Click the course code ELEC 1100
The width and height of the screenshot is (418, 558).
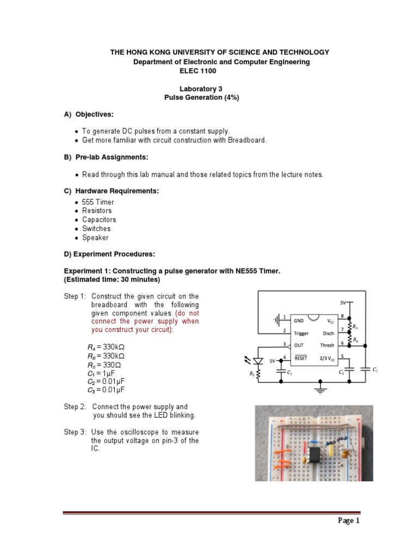tap(201, 71)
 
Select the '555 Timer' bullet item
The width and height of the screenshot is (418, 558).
tap(98, 202)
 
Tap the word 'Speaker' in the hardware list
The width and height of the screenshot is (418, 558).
tap(95, 238)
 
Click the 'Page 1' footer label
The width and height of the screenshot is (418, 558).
tap(349, 520)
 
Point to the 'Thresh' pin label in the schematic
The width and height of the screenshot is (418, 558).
tap(327, 345)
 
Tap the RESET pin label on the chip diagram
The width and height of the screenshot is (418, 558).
tap(300, 359)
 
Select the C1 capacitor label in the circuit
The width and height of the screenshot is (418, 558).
tap(375, 370)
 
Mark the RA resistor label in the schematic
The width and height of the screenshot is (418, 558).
tap(355, 327)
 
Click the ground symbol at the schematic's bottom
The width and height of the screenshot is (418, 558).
tap(321, 390)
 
